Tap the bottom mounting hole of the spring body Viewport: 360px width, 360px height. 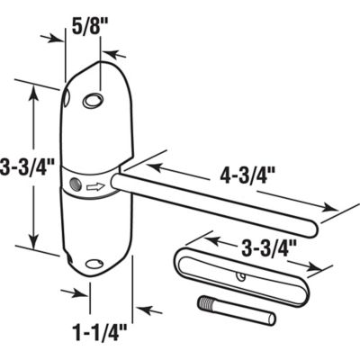pos(94,264)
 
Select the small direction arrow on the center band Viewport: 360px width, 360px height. pos(93,188)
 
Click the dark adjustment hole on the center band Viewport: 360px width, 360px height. pos(73,187)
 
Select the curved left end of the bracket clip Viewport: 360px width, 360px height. pos(176,261)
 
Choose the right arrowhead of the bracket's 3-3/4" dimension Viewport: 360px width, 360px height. pos(320,268)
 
